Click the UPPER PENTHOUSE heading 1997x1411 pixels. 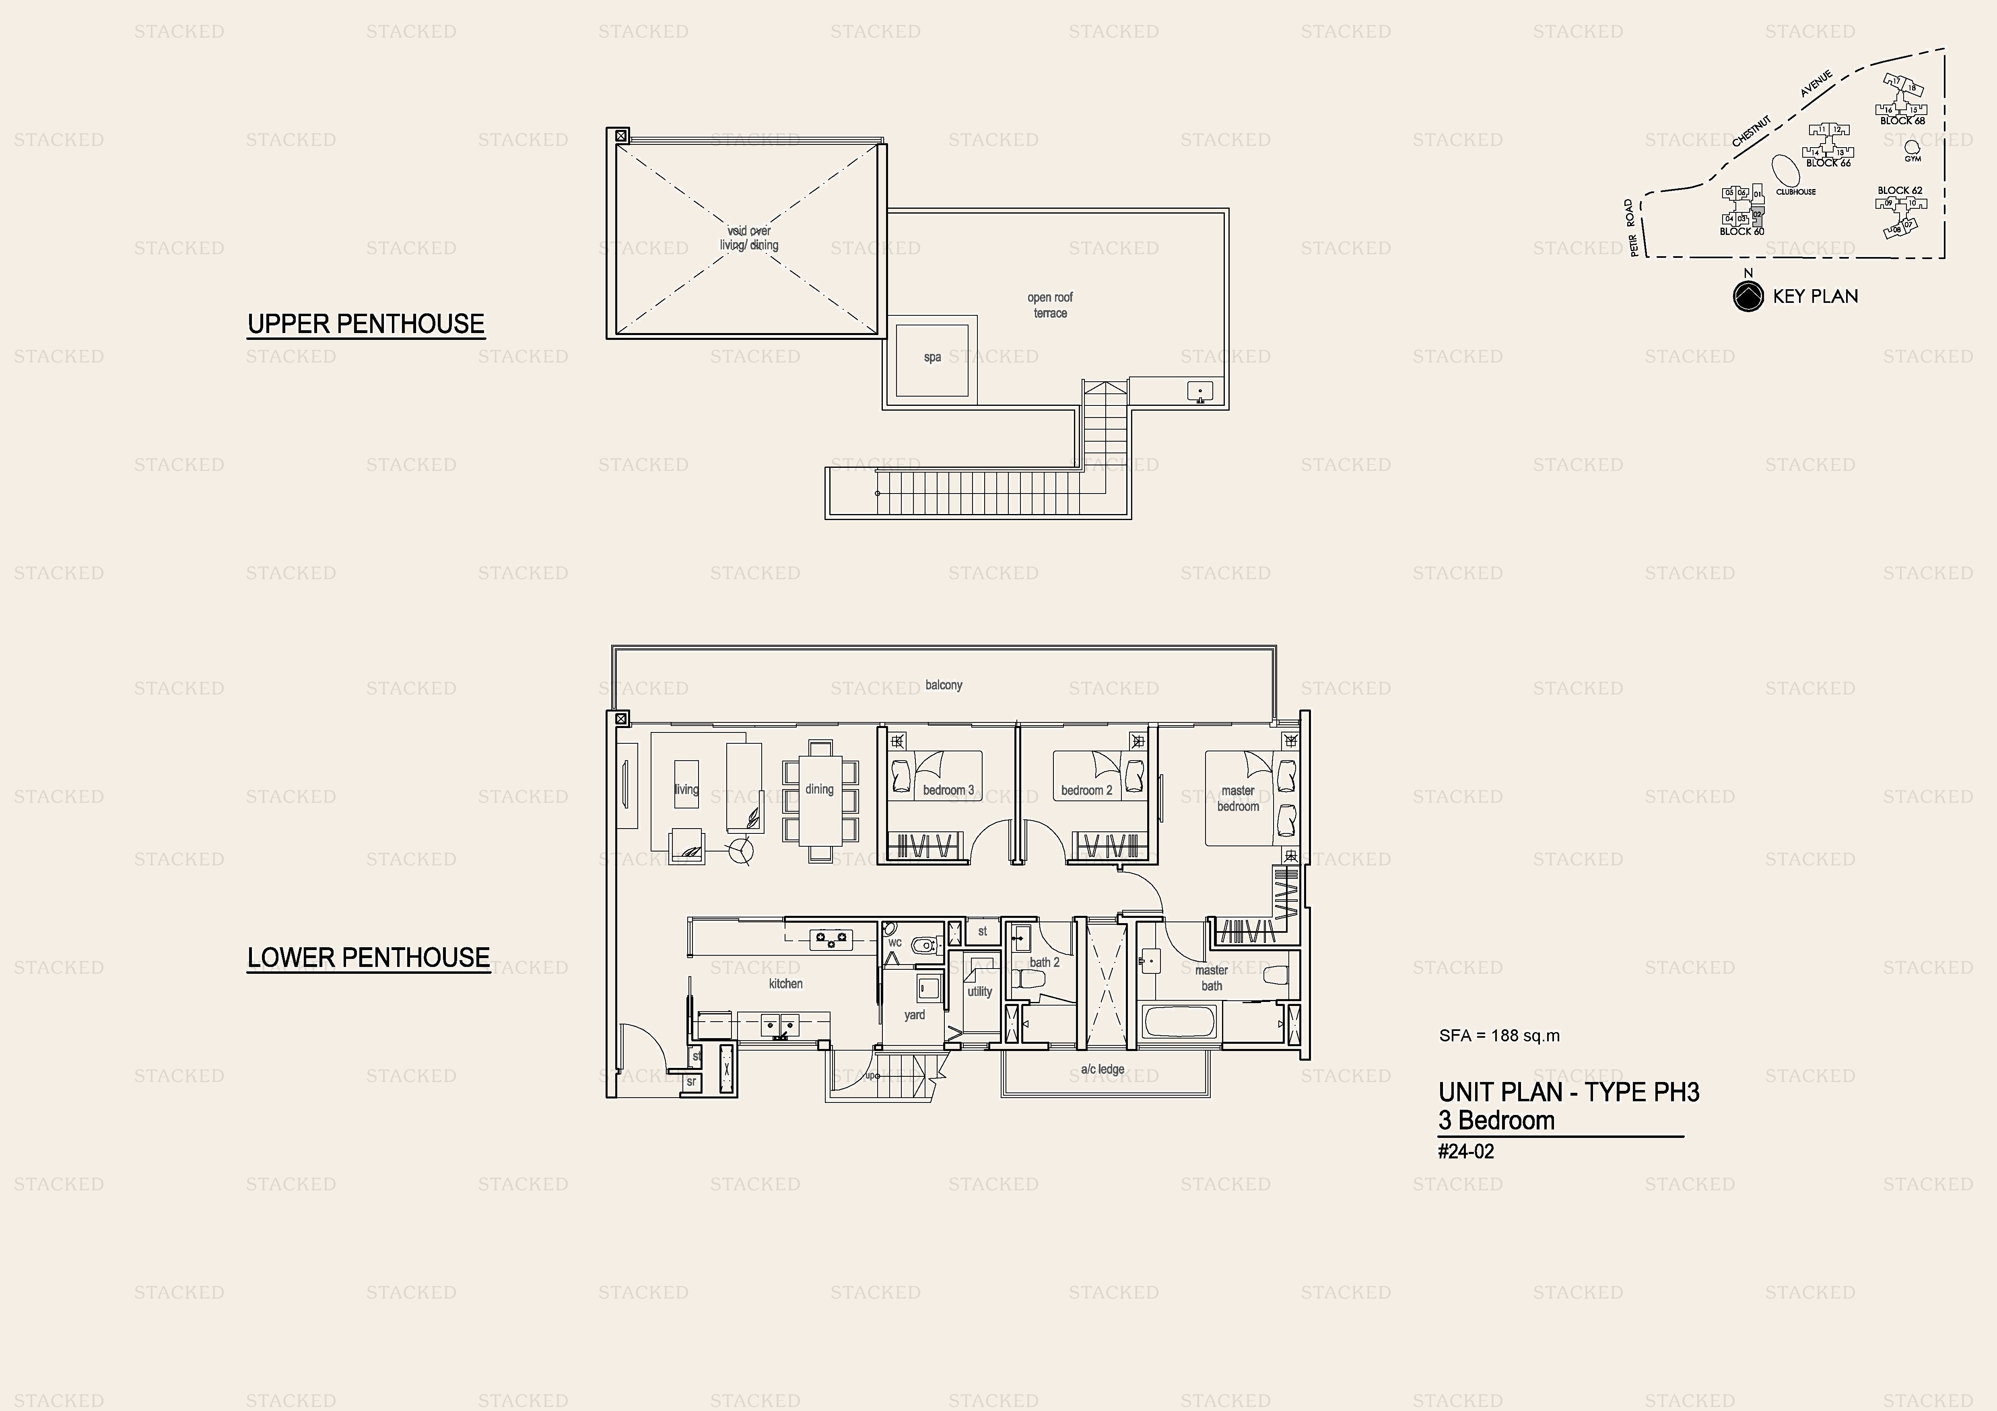pos(365,324)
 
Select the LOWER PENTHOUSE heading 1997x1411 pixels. pos(368,958)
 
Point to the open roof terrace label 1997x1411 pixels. pos(1050,305)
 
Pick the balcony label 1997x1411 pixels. pos(944,685)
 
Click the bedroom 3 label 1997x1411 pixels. pos(948,790)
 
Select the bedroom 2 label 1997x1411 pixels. pos(1086,790)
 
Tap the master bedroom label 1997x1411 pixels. pos(1238,798)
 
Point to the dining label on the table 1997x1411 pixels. pos(819,790)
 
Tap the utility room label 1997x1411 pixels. pos(979,992)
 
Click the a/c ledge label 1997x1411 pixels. pos(1102,1070)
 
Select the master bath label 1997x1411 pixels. pos(1212,978)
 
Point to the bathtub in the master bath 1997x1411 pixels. pos(1179,1022)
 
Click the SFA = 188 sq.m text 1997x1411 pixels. pos(1500,1035)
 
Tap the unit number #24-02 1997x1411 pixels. pos(1466,1152)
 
